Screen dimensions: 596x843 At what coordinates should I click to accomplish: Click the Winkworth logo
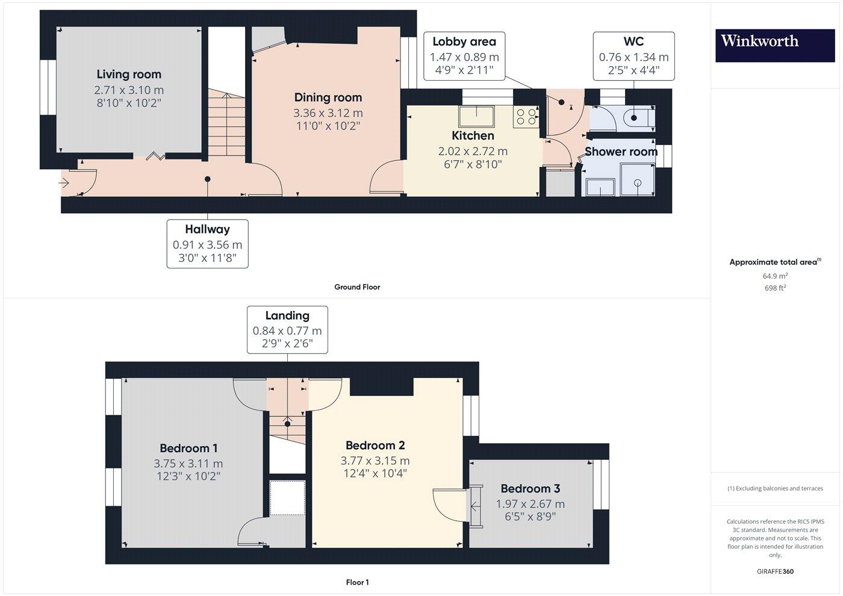point(775,45)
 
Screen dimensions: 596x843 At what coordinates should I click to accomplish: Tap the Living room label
point(129,75)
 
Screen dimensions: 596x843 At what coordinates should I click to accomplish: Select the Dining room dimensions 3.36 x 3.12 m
point(328,113)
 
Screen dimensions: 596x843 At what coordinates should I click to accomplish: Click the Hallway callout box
point(207,244)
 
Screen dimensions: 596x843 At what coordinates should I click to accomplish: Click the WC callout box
point(633,56)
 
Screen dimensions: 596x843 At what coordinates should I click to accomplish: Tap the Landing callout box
point(287,329)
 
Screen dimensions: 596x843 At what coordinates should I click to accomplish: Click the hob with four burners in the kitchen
point(525,116)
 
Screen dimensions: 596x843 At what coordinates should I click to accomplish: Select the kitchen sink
point(476,116)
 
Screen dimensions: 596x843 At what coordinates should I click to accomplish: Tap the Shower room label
point(621,152)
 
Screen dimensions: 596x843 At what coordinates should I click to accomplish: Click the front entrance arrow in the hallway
point(65,182)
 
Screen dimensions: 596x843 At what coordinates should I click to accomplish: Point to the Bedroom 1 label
point(188,449)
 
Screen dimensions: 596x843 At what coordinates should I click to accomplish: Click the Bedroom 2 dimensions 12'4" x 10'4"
point(375,473)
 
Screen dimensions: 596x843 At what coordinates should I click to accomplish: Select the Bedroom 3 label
point(530,489)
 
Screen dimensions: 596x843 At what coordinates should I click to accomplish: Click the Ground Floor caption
point(357,287)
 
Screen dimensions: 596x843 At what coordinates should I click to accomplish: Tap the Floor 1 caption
point(357,582)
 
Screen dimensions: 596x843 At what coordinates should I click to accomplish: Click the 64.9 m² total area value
point(775,276)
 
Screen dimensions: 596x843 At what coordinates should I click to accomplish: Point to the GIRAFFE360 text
point(775,571)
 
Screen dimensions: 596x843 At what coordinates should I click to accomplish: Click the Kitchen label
point(473,136)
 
